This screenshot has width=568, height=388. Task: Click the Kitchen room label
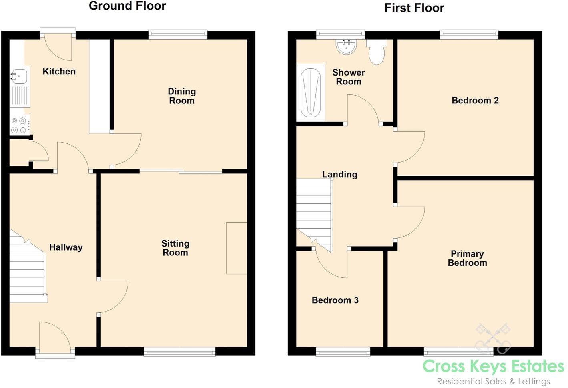point(59,71)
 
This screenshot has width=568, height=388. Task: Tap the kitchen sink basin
point(19,75)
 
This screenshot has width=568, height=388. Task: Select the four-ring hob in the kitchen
point(19,125)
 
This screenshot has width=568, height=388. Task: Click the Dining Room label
point(182,96)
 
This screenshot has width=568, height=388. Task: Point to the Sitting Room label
point(175,248)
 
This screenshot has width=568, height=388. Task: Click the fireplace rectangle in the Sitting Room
point(236,248)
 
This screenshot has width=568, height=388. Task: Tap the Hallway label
point(66,247)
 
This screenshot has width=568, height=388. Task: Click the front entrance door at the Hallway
point(55,338)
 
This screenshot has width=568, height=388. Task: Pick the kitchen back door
point(58,46)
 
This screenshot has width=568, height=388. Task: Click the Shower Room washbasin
point(346,47)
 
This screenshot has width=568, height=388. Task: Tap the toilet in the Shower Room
point(377,52)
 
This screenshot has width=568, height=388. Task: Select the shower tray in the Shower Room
point(310,93)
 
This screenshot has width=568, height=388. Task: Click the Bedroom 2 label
point(475,101)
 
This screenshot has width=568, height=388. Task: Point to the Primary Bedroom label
point(467,258)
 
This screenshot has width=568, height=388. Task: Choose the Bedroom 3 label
point(335,300)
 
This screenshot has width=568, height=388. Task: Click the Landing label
point(339,174)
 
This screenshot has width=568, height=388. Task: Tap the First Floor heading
point(414,8)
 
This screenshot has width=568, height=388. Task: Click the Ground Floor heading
point(127,6)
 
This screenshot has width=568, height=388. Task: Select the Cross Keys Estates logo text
point(493,366)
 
